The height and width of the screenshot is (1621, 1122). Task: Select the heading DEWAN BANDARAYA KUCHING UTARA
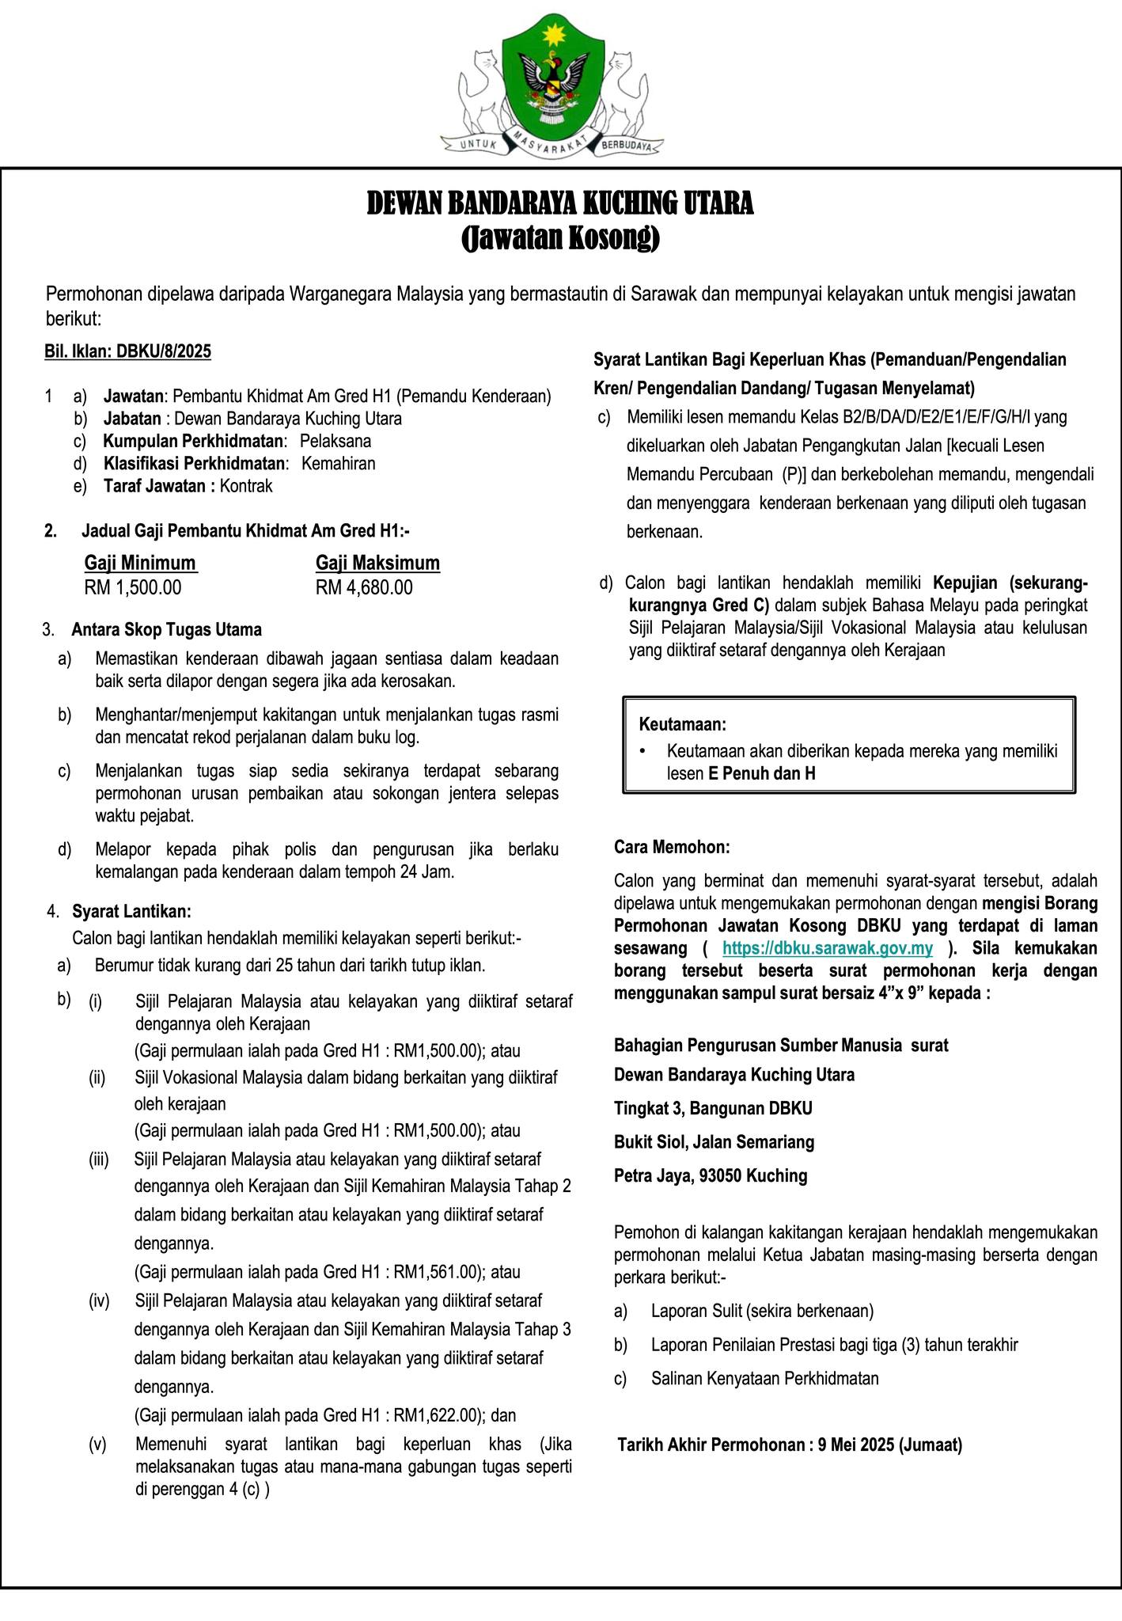coord(560,203)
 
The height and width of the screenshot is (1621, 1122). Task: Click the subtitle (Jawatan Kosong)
coord(560,237)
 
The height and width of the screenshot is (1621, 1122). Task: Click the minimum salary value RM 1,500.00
coord(133,587)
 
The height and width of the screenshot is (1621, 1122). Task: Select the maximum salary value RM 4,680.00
coord(364,587)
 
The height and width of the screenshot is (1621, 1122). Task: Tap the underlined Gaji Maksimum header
coord(377,563)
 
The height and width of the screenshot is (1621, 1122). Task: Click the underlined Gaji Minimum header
coord(140,563)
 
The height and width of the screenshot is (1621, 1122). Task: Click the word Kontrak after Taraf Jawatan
coord(246,486)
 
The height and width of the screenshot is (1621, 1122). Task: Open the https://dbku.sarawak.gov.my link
coord(828,948)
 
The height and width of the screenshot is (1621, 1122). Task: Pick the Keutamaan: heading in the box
coord(682,724)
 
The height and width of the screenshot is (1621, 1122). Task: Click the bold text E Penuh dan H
coord(761,773)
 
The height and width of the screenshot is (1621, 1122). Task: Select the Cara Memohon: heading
coord(672,847)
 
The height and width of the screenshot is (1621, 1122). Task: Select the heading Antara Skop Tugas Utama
coord(166,630)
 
